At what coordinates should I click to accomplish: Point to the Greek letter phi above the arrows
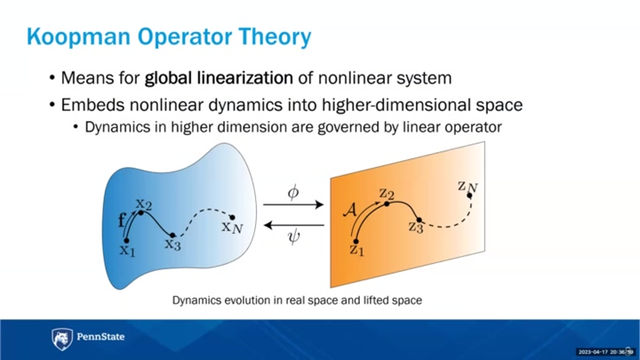click(293, 191)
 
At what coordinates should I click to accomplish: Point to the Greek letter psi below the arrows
click(293, 237)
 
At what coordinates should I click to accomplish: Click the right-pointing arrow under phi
click(293, 206)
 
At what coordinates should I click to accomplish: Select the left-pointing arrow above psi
click(293, 222)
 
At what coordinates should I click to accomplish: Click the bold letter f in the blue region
click(122, 218)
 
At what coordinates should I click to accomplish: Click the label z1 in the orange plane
click(356, 250)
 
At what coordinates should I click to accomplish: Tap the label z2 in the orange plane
click(386, 192)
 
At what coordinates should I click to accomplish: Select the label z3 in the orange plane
click(416, 227)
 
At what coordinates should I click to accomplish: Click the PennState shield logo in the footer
click(61, 339)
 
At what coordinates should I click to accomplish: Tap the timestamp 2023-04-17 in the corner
click(593, 352)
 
